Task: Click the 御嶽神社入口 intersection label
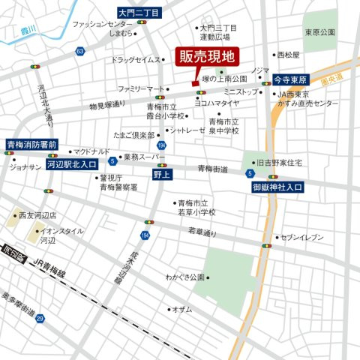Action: pyautogui.click(x=278, y=185)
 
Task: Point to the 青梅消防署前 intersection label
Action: pyautogui.click(x=31, y=144)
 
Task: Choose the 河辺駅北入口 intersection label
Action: pyautogui.click(x=72, y=162)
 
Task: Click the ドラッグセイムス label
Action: pyautogui.click(x=136, y=59)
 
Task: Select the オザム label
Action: pyautogui.click(x=183, y=309)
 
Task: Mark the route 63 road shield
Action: pyautogui.click(x=79, y=51)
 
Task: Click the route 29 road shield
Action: pyautogui.click(x=40, y=319)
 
